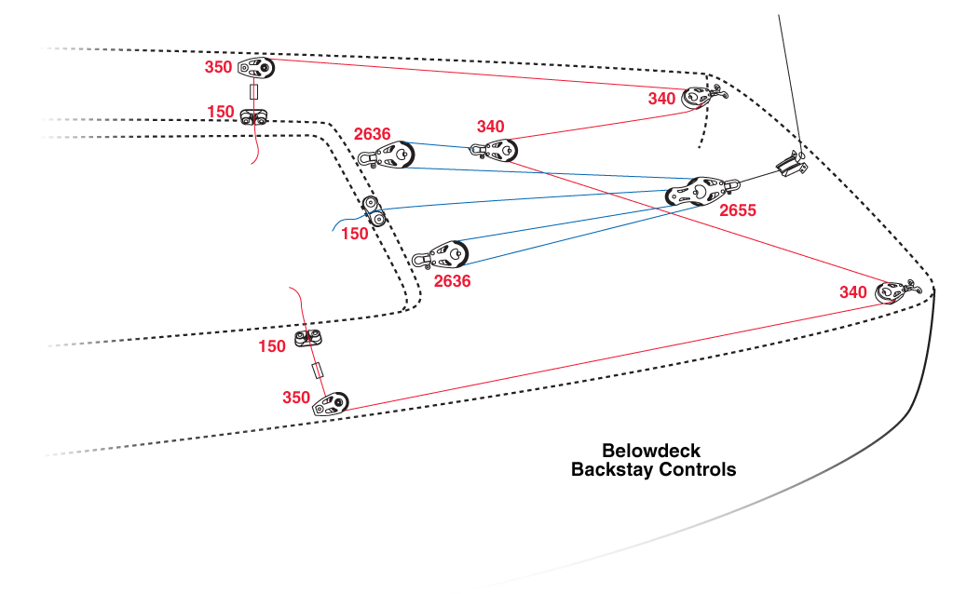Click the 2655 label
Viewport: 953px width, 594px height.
click(x=738, y=210)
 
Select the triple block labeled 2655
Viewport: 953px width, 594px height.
click(x=699, y=191)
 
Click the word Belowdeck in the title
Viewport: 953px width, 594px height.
click(x=651, y=451)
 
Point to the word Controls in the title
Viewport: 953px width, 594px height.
click(x=698, y=469)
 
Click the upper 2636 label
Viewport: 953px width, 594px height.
click(x=372, y=134)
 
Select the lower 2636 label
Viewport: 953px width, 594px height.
click(x=452, y=280)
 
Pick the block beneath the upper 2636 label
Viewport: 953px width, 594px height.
click(x=388, y=156)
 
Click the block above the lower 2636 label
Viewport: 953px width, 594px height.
click(x=441, y=256)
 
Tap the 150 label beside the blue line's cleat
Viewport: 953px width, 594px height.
click(x=354, y=234)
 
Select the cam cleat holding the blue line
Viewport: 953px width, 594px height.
click(x=374, y=211)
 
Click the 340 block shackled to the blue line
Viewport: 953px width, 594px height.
click(x=494, y=151)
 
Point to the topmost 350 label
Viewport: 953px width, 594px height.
click(x=218, y=67)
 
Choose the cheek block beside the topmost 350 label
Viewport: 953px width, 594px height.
click(x=256, y=67)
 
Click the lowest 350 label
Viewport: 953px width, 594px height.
click(x=296, y=398)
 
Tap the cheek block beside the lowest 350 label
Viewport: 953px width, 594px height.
click(x=331, y=404)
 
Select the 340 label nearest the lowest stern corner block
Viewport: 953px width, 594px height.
click(x=852, y=292)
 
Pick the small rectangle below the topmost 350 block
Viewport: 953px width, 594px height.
click(x=254, y=92)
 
